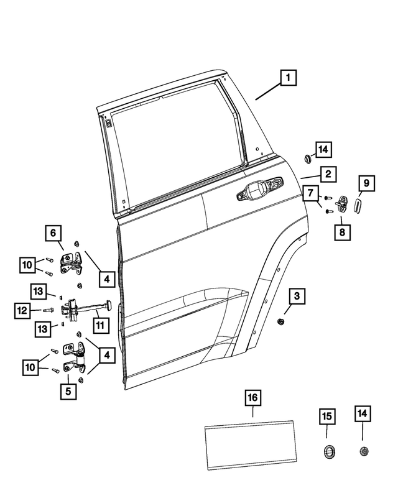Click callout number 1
click(x=288, y=79)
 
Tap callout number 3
click(x=297, y=297)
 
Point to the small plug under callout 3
click(x=280, y=321)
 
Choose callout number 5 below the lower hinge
click(x=68, y=392)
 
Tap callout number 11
click(x=99, y=324)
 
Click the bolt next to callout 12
click(x=49, y=309)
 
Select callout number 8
click(x=342, y=232)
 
